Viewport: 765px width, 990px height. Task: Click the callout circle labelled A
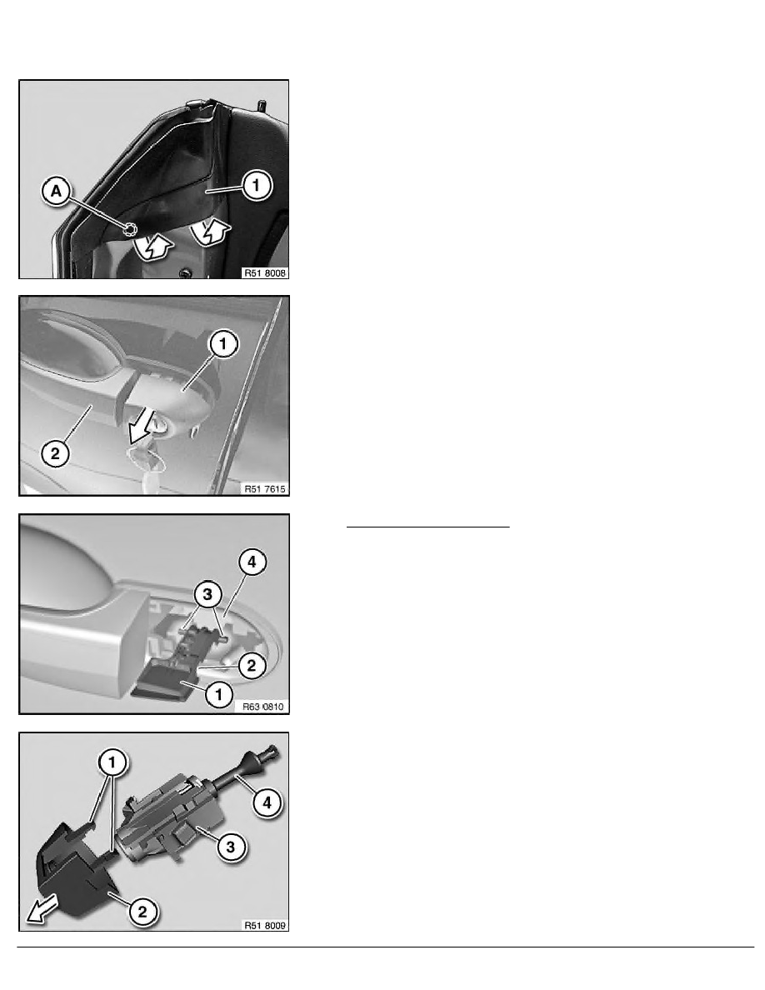56,191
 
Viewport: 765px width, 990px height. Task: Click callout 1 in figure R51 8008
256,185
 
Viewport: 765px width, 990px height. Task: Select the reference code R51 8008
265,272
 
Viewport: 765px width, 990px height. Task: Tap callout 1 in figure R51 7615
222,344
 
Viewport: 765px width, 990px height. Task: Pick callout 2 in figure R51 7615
55,452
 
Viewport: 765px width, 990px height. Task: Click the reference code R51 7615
265,488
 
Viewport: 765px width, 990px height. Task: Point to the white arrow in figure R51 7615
139,426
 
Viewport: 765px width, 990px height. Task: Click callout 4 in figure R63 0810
252,562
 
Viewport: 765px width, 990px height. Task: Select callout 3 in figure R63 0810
207,593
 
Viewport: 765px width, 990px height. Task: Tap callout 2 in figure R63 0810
251,665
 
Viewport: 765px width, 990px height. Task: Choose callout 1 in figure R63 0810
219,694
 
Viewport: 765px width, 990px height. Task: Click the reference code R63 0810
264,707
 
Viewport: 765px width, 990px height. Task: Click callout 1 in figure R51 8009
112,762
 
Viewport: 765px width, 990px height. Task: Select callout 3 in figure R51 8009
230,847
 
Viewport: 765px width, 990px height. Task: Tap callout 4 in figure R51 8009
267,802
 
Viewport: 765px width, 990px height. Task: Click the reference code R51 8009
265,926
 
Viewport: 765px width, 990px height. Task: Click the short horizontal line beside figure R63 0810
428,526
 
